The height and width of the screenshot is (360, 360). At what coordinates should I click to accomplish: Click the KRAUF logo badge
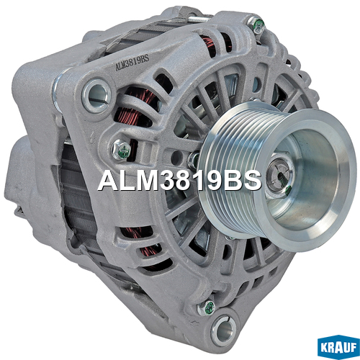(x=338, y=346)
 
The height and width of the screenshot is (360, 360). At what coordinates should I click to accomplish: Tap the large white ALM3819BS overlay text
(x=179, y=181)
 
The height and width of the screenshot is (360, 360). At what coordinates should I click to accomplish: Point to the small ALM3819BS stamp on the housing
(x=132, y=63)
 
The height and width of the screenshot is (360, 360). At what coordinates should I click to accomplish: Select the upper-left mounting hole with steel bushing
(x=96, y=96)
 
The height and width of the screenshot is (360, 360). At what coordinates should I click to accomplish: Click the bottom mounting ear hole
(x=223, y=330)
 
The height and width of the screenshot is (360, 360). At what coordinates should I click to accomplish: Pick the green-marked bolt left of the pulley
(x=122, y=150)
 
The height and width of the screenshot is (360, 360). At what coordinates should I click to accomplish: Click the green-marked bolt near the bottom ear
(x=206, y=308)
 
